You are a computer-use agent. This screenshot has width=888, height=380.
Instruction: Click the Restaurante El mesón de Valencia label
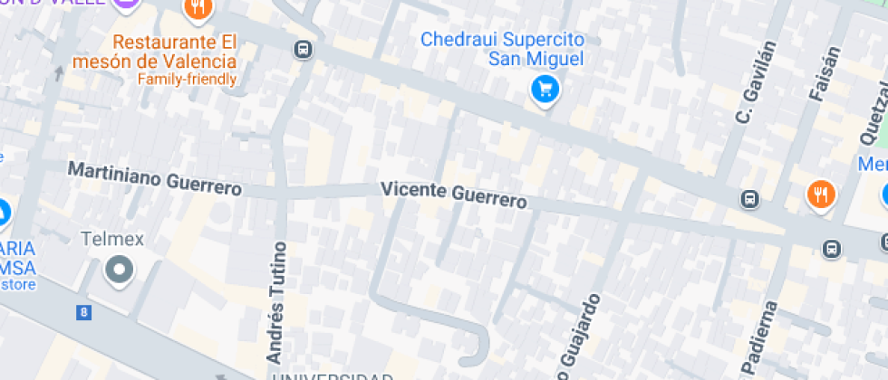pos(174,52)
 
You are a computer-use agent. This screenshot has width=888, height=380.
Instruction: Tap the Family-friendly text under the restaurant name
pos(187,79)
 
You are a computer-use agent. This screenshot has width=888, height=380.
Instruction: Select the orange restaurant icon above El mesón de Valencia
pos(197,9)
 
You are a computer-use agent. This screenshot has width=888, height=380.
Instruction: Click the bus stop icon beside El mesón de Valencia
pos(304,50)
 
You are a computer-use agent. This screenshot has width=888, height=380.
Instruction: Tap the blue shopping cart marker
pos(545,89)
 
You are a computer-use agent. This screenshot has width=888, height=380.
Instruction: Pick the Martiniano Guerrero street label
pos(155,179)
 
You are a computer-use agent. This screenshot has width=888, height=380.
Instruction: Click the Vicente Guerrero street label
pos(453,195)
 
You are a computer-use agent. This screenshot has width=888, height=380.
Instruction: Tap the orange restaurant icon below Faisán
pos(821,195)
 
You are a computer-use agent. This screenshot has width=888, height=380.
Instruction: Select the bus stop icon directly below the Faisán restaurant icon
pos(831,248)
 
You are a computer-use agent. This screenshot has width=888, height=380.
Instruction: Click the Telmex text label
pos(112,240)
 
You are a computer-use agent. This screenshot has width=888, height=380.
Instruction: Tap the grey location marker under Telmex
pos(119,270)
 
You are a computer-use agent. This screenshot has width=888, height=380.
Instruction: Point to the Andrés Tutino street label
pos(277,301)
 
